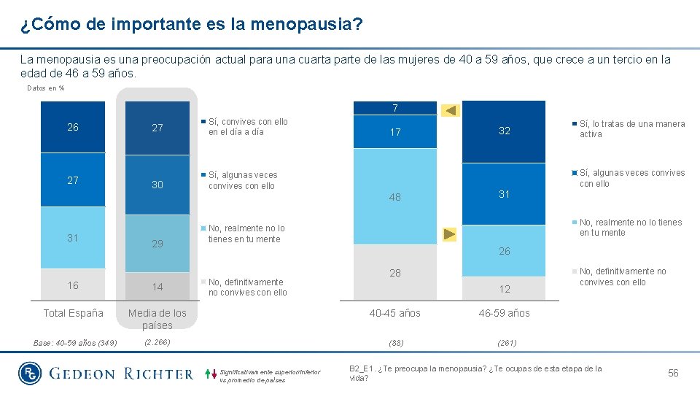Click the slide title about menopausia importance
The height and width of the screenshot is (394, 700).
click(x=191, y=25)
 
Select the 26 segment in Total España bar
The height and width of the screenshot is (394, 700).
click(x=73, y=128)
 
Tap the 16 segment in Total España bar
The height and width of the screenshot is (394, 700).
click(x=73, y=285)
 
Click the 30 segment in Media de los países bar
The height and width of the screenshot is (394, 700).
click(x=157, y=185)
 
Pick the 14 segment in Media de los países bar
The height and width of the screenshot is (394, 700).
click(x=157, y=287)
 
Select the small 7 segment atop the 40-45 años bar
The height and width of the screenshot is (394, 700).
click(x=394, y=109)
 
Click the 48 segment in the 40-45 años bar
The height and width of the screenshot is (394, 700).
click(x=394, y=197)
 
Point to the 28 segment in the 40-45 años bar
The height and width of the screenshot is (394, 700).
click(x=394, y=273)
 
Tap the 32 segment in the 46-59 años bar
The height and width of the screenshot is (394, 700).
click(x=504, y=131)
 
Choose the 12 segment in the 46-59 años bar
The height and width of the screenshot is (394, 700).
click(x=504, y=289)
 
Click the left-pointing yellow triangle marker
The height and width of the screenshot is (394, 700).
click(x=451, y=110)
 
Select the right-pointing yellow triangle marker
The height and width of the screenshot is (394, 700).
click(x=450, y=234)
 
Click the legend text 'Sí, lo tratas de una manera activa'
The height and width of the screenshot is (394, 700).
click(x=631, y=129)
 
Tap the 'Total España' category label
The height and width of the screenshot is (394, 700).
click(x=73, y=313)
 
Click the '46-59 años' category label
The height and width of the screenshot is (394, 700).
click(x=504, y=313)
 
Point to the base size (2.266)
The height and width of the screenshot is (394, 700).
click(x=157, y=341)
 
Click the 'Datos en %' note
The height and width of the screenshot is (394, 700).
click(x=45, y=88)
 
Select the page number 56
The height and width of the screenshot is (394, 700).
click(x=672, y=373)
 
